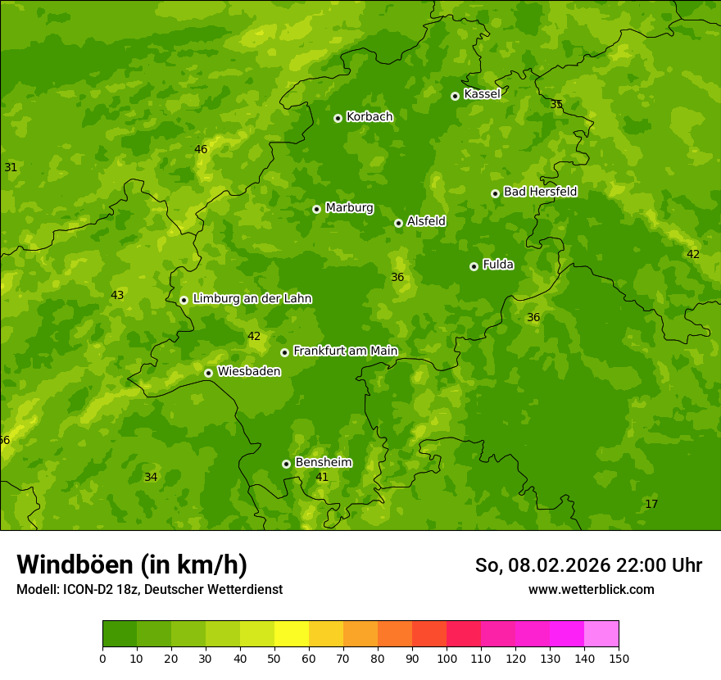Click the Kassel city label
pyautogui.click(x=482, y=94)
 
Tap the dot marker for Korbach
pyautogui.click(x=338, y=118)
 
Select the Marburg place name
pyautogui.click(x=349, y=208)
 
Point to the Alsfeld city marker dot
pyautogui.click(x=398, y=223)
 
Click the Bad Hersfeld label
pyautogui.click(x=540, y=192)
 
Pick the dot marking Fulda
pyautogui.click(x=474, y=266)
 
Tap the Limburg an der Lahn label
pyautogui.click(x=252, y=299)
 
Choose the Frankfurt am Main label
pyautogui.click(x=345, y=351)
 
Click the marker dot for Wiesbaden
pyautogui.click(x=208, y=373)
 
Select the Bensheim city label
pyautogui.click(x=324, y=463)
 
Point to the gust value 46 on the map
pyautogui.click(x=201, y=149)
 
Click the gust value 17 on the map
pyautogui.click(x=651, y=504)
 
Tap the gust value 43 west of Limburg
pyautogui.click(x=117, y=295)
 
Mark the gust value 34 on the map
pyautogui.click(x=151, y=477)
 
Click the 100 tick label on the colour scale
pyautogui.click(x=447, y=658)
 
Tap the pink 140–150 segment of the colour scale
pyautogui.click(x=601, y=634)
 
